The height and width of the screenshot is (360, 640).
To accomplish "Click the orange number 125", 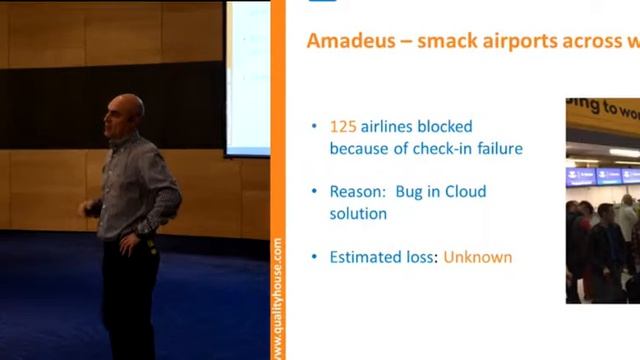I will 343,127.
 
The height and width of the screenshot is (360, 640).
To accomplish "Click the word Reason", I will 356,191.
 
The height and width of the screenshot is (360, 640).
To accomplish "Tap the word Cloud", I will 465,191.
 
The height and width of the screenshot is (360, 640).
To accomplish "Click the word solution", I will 358,213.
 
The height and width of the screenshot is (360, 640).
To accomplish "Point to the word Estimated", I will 367,257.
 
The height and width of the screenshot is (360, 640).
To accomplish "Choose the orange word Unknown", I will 478,257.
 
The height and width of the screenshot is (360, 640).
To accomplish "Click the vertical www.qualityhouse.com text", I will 277,298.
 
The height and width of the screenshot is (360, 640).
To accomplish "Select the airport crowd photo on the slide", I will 602,200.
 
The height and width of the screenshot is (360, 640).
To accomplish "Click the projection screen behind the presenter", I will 247,80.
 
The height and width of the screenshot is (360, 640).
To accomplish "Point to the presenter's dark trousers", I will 130,300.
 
